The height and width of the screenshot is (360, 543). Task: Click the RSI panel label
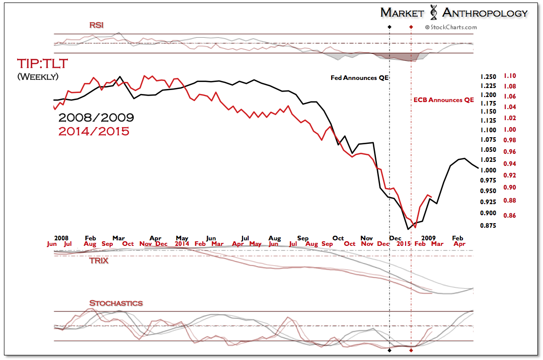coord(96,25)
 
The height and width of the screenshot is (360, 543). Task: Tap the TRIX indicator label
coord(99,261)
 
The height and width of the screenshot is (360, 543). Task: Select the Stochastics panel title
coord(116,303)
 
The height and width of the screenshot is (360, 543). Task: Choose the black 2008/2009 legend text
coord(96,118)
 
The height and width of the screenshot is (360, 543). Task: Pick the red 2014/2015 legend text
coord(94,132)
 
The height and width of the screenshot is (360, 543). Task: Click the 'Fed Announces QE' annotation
coord(360,78)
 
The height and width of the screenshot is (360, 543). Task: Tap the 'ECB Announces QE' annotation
coord(444,100)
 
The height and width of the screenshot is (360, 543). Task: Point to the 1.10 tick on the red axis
coord(510,76)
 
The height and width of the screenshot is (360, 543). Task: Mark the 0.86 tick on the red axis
coord(510,216)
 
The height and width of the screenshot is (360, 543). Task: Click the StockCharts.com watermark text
coord(451,28)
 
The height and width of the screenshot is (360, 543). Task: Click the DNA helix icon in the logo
coord(432,13)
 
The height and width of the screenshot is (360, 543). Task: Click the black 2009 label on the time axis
coord(428,237)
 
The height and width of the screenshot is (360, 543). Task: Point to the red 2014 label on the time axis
coord(182,244)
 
